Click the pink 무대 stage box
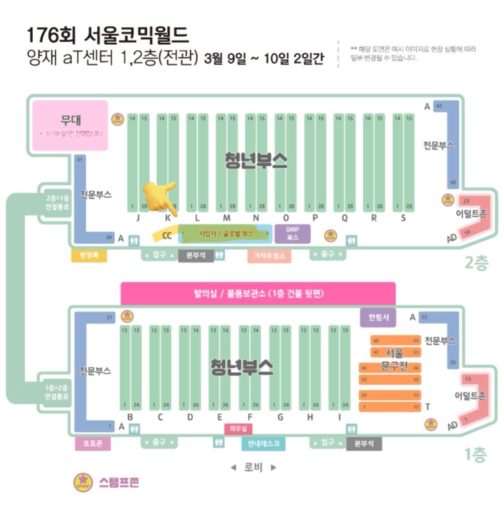[x=70, y=125]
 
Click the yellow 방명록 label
[x=89, y=255]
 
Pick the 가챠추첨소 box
[x=269, y=256]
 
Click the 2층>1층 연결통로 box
[x=57, y=203]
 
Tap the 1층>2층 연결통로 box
[x=56, y=392]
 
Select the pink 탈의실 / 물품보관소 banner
[x=258, y=294]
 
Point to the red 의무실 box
[x=238, y=429]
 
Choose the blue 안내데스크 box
[x=264, y=443]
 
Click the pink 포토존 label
[x=92, y=443]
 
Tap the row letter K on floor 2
[x=168, y=218]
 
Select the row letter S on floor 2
[x=403, y=218]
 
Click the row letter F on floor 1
[x=250, y=417]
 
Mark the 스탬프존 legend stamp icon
[x=83, y=482]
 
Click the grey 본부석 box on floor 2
[x=196, y=255]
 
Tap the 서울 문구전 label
[x=394, y=360]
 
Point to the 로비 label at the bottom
[x=253, y=467]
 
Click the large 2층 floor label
[x=476, y=263]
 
